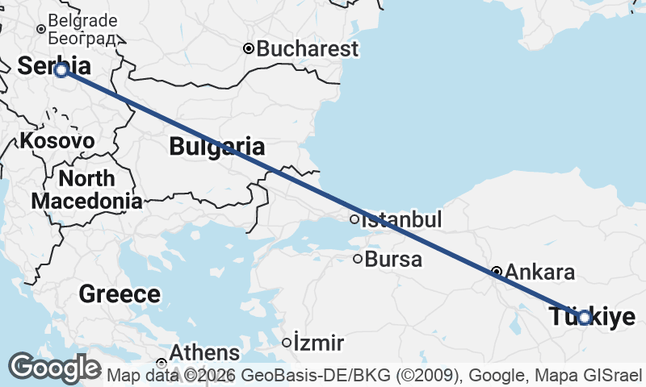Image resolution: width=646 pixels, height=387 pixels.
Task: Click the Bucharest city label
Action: tap(308, 48)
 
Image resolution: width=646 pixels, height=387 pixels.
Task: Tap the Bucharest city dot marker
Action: tap(249, 48)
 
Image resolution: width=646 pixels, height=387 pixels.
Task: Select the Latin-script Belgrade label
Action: tap(82, 21)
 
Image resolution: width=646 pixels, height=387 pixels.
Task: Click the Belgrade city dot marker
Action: tap(41, 30)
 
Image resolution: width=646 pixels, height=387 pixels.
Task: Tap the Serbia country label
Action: tap(54, 66)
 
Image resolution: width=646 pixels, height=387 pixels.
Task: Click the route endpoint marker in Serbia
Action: tap(61, 70)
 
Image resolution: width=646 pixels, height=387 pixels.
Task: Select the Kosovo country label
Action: tap(57, 140)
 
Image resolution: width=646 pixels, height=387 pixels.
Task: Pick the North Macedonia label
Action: tap(86, 189)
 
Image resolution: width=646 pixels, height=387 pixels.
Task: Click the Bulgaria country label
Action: tap(216, 147)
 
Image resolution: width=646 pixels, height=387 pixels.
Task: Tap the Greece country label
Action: tap(120, 293)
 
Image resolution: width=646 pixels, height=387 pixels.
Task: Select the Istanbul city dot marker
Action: tap(354, 219)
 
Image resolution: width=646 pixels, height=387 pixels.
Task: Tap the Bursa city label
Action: tap(393, 260)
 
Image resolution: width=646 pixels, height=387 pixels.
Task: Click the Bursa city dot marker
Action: tap(358, 259)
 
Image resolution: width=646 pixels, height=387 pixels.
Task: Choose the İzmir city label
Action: tap(319, 343)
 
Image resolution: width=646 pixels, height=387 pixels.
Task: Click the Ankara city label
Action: tap(540, 272)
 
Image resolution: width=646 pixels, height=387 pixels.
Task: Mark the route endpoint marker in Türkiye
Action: tap(585, 318)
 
